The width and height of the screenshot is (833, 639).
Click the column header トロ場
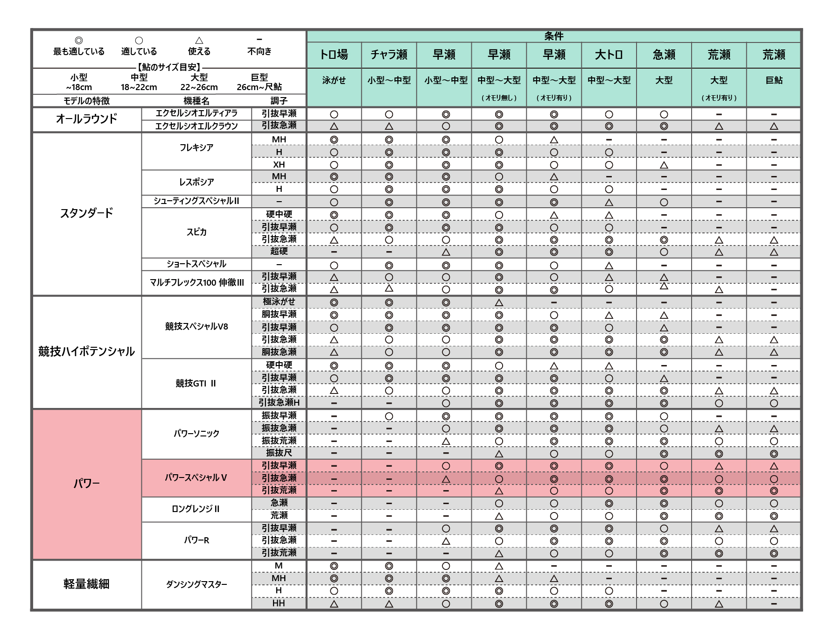point(334,55)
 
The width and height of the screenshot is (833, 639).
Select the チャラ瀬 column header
point(389,55)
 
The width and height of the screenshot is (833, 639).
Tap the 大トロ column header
point(609,55)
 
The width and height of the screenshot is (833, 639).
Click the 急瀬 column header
point(664,55)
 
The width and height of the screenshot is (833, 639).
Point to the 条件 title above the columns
point(553,36)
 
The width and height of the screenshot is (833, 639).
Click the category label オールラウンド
point(86,119)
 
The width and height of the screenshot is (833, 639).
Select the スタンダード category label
point(86,213)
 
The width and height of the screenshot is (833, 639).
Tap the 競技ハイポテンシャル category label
point(86,351)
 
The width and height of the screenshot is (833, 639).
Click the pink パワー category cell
point(86,484)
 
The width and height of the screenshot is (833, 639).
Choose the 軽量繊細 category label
point(86,584)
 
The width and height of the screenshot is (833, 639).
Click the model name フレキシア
point(196,147)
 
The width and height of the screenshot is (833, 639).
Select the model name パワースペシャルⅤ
point(196,477)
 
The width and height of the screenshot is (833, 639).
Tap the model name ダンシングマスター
point(196,584)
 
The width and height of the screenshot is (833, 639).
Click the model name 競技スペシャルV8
point(196,326)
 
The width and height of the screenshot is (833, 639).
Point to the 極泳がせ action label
point(279,302)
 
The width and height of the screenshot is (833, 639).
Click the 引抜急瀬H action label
point(279,402)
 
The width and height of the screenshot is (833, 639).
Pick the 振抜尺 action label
point(279,453)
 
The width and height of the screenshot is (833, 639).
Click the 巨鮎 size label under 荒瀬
point(774,80)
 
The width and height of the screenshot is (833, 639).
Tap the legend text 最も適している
point(79,51)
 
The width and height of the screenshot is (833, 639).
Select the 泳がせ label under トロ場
point(334,80)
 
